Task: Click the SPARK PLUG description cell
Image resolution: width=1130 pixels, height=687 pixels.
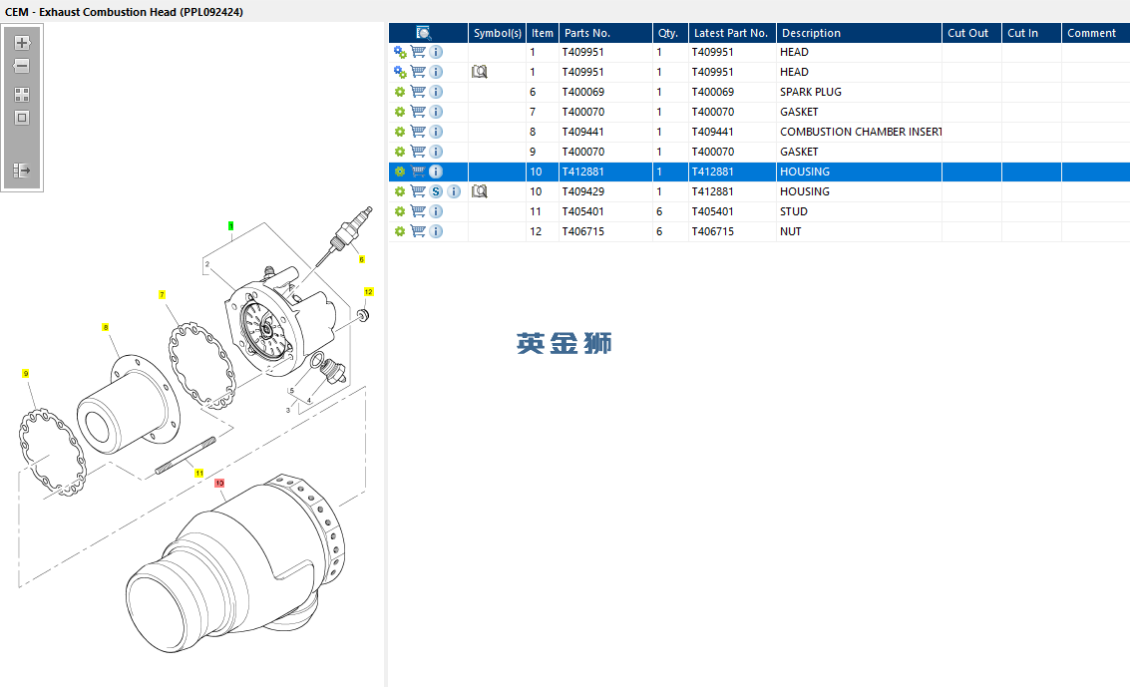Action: [810, 92]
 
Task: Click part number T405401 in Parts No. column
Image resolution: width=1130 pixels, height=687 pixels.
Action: [582, 211]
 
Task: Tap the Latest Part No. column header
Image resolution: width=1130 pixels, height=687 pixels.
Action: [730, 33]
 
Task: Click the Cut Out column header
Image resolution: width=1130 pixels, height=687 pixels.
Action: [967, 33]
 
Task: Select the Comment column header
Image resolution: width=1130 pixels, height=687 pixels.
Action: [1091, 33]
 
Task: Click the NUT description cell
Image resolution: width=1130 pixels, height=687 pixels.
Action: [790, 231]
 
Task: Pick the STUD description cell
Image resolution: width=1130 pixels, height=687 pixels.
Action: [793, 211]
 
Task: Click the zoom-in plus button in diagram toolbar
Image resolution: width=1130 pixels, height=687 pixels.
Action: [22, 43]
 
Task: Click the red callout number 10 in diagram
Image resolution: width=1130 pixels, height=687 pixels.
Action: [219, 483]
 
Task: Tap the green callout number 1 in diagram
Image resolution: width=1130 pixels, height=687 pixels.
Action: [230, 226]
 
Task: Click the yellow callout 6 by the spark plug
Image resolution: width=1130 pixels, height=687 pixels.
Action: [361, 259]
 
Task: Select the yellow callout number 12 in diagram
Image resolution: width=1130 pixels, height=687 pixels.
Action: [368, 292]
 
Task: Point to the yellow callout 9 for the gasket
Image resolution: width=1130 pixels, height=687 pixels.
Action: [26, 373]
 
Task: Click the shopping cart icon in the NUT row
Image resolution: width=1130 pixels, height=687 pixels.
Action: [418, 231]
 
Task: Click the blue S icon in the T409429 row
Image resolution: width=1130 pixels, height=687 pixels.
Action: [436, 191]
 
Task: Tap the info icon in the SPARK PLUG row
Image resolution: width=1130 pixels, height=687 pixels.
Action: [436, 92]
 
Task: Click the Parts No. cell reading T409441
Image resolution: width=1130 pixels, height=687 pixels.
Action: [582, 132]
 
